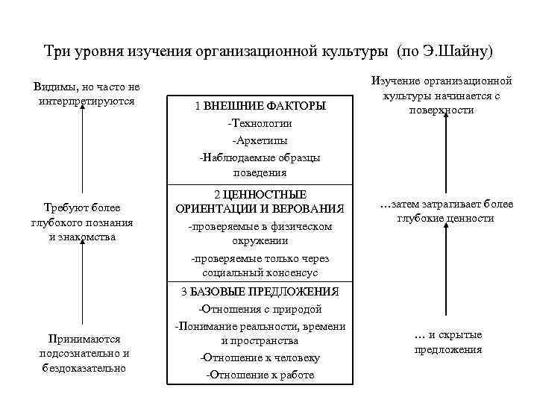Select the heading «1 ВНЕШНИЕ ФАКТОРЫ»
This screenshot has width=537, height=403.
click(x=260, y=106)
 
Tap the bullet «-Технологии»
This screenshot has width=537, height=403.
click(x=260, y=122)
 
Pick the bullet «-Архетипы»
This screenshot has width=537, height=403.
click(x=260, y=140)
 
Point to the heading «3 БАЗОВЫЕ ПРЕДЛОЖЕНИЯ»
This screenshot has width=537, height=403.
click(x=260, y=291)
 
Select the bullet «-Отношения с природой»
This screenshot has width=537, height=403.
click(x=260, y=308)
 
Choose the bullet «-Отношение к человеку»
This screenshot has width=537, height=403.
click(x=260, y=357)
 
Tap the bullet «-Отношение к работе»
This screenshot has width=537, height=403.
click(x=260, y=375)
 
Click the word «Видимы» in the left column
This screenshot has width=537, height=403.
click(x=54, y=87)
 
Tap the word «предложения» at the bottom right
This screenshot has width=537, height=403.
click(x=447, y=349)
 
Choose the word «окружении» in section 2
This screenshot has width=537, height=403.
click(x=260, y=241)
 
